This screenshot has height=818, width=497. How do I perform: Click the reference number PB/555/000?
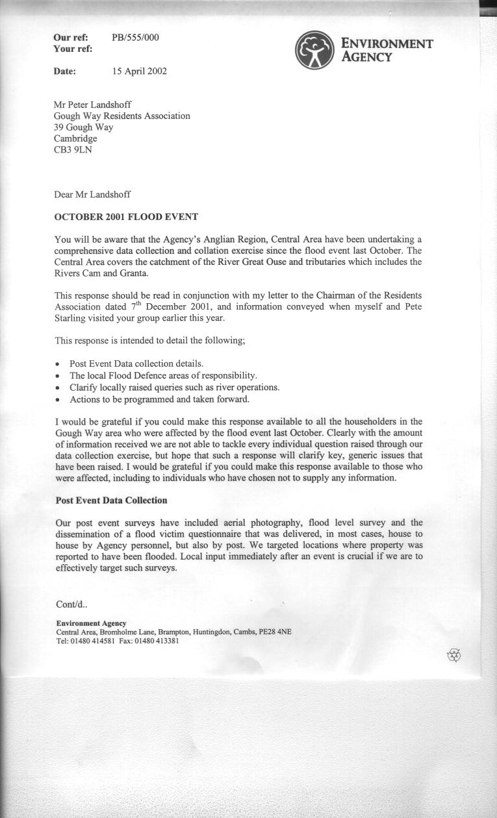pyautogui.click(x=135, y=38)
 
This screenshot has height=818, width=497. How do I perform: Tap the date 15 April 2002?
pyautogui.click(x=139, y=71)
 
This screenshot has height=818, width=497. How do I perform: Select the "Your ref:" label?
pyautogui.click(x=73, y=49)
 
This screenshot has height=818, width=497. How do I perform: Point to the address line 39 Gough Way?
pyautogui.click(x=84, y=127)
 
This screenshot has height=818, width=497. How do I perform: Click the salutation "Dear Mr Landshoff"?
pyautogui.click(x=93, y=194)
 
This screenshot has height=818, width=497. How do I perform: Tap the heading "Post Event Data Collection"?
pyautogui.click(x=111, y=501)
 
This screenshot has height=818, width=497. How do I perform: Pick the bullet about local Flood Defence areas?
pyautogui.click(x=163, y=375)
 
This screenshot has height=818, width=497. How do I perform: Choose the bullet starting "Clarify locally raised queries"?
pyautogui.click(x=174, y=387)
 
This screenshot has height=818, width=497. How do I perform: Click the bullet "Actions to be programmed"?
pyautogui.click(x=159, y=399)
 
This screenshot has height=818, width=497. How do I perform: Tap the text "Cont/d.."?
pyautogui.click(x=71, y=604)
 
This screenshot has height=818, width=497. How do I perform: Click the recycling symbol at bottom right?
pyautogui.click(x=454, y=655)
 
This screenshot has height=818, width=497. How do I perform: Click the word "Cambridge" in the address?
pyautogui.click(x=75, y=139)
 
